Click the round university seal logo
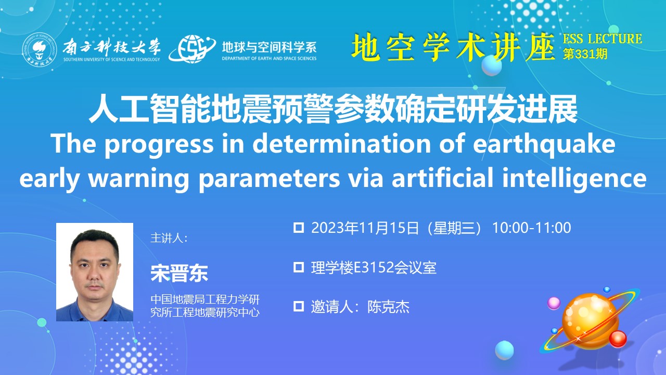pyautogui.click(x=40, y=50)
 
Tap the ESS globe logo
pyautogui.click(x=192, y=49)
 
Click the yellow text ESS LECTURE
pyautogui.click(x=603, y=39)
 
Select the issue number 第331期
pyautogui.click(x=585, y=54)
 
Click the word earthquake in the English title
pyautogui.click(x=544, y=145)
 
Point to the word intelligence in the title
pyautogui.click(x=574, y=179)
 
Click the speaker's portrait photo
pyautogui.click(x=95, y=272)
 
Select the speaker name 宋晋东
pyautogui.click(x=180, y=273)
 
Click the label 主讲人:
pyautogui.click(x=169, y=238)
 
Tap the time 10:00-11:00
pyautogui.click(x=532, y=228)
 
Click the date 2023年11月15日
pyautogui.click(x=365, y=228)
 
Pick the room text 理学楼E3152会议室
pyautogui.click(x=374, y=268)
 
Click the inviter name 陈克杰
pyautogui.click(x=388, y=307)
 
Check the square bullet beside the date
pyautogui.click(x=299, y=228)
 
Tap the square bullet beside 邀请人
pyautogui.click(x=299, y=307)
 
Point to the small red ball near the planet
pyautogui.click(x=618, y=339)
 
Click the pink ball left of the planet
pyautogui.click(x=554, y=303)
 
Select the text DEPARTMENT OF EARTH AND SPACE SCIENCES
pyautogui.click(x=269, y=59)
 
